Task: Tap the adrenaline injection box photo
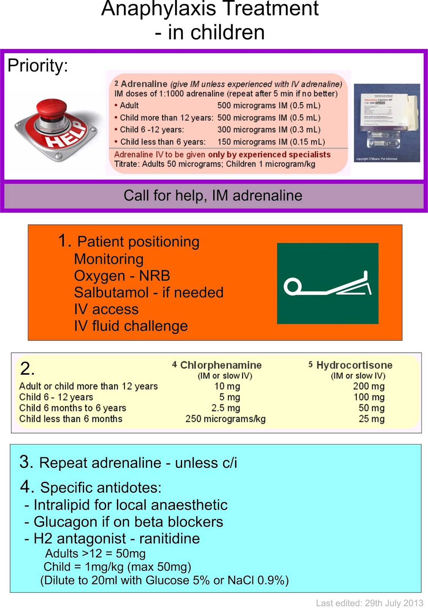click(x=387, y=123)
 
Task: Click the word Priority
click(x=38, y=66)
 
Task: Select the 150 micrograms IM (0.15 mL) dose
click(x=271, y=142)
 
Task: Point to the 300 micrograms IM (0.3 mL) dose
click(x=269, y=130)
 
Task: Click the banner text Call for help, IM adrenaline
click(x=213, y=196)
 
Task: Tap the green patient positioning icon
click(x=328, y=283)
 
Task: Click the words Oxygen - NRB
click(x=122, y=276)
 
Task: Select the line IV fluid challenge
click(x=131, y=326)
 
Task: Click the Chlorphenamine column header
click(x=220, y=365)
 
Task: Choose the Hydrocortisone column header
click(x=354, y=365)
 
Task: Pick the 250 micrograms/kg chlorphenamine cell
click(x=225, y=419)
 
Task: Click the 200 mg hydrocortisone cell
click(x=369, y=386)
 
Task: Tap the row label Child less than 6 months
click(x=71, y=419)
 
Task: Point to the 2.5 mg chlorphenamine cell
click(x=226, y=408)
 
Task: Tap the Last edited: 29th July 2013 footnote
click(x=369, y=603)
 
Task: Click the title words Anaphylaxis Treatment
click(x=210, y=8)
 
